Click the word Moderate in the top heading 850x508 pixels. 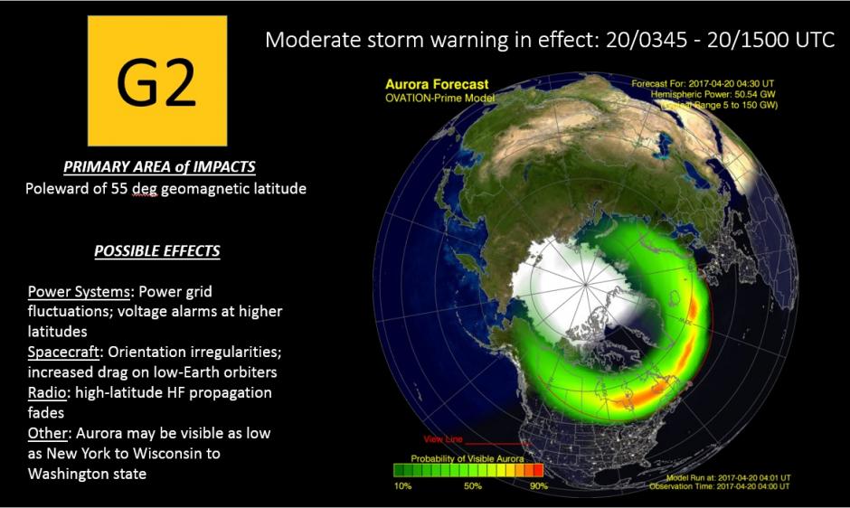tap(312, 41)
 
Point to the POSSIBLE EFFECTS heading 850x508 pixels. tap(157, 250)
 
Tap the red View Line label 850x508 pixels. tap(443, 439)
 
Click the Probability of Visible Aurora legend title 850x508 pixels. tap(466, 459)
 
